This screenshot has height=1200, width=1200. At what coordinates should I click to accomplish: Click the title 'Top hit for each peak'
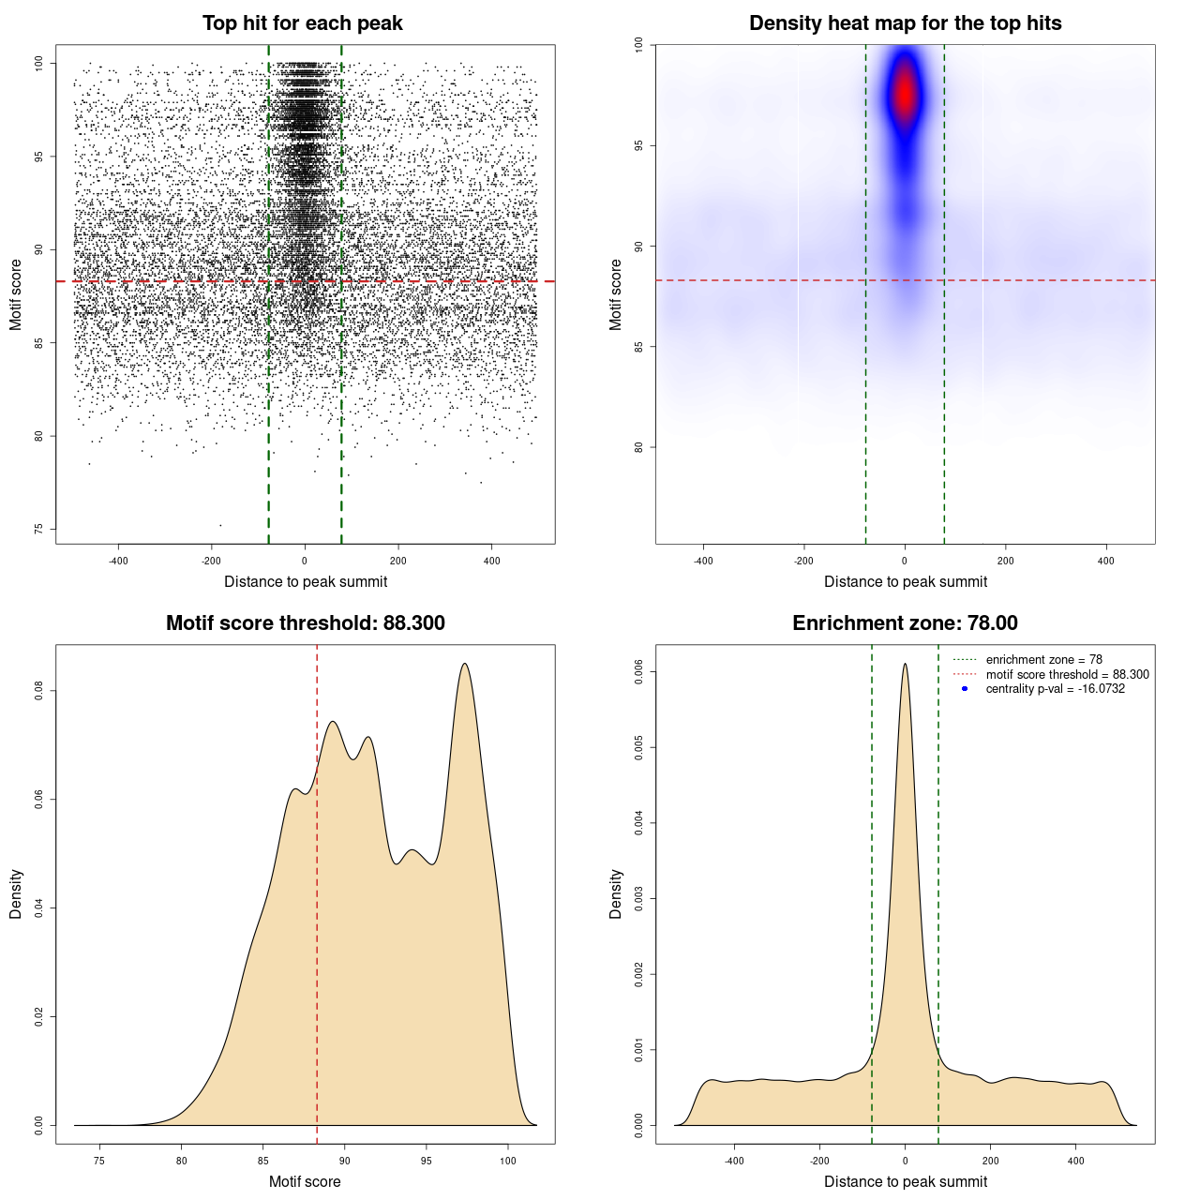[x=302, y=23]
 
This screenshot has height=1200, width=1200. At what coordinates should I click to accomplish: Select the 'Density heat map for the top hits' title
[x=905, y=23]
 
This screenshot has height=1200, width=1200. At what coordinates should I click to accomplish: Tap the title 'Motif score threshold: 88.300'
[x=305, y=623]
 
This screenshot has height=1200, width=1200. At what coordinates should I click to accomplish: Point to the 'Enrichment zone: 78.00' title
[x=905, y=623]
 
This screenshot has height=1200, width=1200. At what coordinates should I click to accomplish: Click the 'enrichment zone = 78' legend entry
[x=1043, y=660]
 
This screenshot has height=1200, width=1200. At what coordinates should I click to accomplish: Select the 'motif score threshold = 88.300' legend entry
[x=1067, y=675]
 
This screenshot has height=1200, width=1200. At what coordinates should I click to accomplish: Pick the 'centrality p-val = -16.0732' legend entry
[x=1055, y=689]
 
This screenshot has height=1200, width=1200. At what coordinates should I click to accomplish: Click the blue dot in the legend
[x=965, y=689]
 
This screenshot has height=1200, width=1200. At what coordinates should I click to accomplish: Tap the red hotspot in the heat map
[x=905, y=94]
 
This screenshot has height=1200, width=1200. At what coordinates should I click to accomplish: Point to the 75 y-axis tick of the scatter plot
[x=39, y=530]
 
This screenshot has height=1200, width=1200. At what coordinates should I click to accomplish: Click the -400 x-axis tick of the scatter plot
[x=118, y=561]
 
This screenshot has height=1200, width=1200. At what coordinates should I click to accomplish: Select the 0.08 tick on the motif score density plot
[x=39, y=691]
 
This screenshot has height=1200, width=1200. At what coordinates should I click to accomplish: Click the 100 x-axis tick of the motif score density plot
[x=508, y=1161]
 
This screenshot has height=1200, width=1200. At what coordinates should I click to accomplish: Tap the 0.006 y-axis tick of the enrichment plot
[x=639, y=671]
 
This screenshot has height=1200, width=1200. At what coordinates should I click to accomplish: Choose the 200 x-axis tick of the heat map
[x=1006, y=561]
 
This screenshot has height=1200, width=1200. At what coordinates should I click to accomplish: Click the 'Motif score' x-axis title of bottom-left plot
[x=305, y=1181]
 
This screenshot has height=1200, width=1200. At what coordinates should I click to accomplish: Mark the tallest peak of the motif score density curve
[x=464, y=664]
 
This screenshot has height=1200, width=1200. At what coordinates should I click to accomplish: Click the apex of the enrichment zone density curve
[x=905, y=664]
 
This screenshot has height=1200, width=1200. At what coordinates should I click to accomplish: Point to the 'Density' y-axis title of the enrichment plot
[x=616, y=893]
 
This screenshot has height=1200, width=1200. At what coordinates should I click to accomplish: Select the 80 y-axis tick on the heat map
[x=639, y=447]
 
